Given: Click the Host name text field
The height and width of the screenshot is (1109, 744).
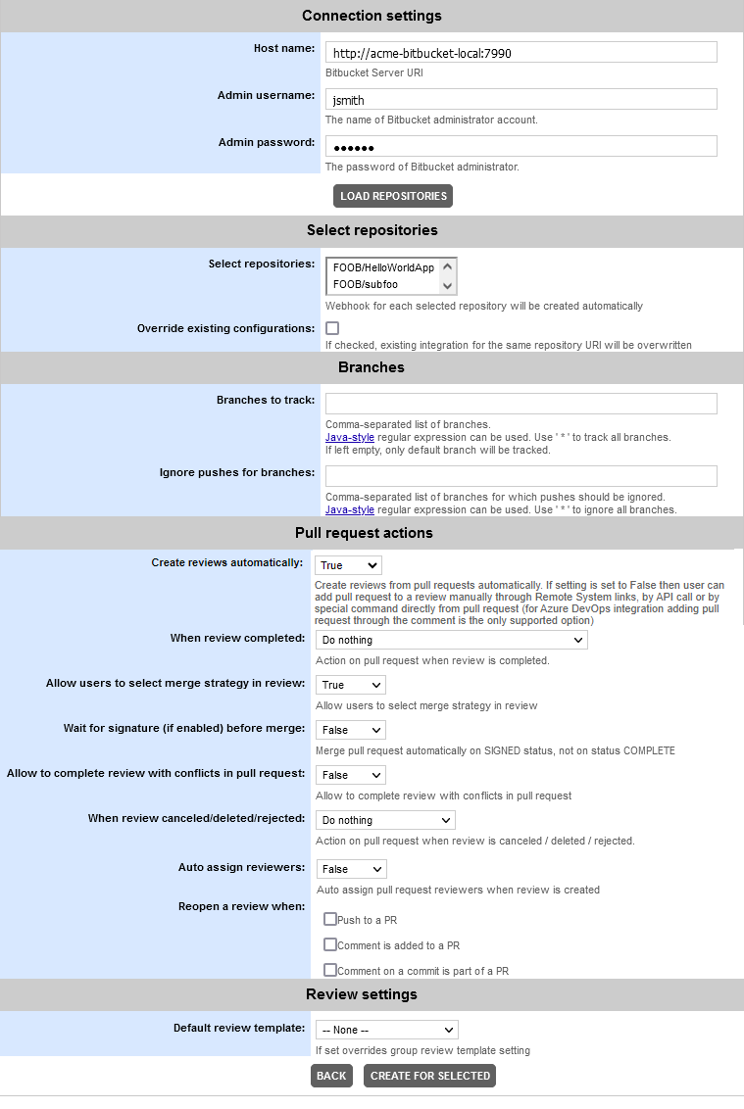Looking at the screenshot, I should pos(521,52).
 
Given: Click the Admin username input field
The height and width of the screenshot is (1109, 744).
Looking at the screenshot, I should pos(521,99).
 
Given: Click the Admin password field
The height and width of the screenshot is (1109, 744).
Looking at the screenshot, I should pos(521,146).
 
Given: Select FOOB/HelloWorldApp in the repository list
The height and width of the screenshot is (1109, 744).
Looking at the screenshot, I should pos(383,267).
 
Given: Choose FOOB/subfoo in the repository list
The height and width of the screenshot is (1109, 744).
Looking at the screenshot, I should pos(366,284).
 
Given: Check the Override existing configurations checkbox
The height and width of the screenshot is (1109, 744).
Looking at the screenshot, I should pos(332,328).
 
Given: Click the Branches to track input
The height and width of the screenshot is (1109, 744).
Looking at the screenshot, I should pos(521,404).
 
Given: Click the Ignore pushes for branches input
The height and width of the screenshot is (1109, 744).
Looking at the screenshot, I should pos(521,476).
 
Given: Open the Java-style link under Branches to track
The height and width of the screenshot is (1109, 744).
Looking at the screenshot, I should pos(350,437).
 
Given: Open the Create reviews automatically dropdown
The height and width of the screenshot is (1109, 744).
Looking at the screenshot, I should pos(348,565).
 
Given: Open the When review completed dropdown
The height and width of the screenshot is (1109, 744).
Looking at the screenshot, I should pos(451,640).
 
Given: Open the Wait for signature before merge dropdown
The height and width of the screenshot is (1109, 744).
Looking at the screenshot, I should pos(350,730).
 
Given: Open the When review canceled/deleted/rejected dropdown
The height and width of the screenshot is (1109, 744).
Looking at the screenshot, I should pos(385,820).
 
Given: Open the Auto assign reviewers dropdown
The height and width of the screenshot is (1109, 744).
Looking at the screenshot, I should pos(351,869).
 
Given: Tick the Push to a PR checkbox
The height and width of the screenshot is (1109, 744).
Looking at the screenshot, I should pos(330,919).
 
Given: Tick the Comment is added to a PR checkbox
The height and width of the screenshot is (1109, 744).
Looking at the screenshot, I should pos(330,944).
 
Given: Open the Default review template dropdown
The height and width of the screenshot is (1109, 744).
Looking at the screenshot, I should pos(386,1030).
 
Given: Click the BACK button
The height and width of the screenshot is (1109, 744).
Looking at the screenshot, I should pos(331,1076).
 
